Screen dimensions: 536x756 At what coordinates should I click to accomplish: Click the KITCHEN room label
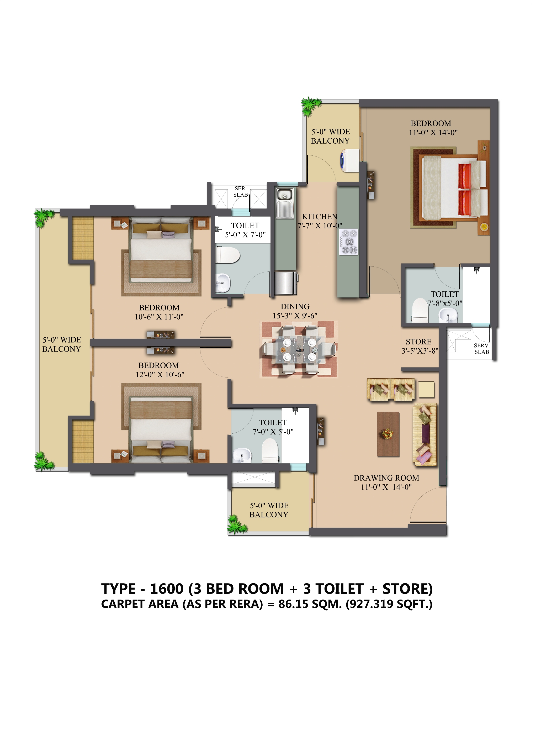coord(320,217)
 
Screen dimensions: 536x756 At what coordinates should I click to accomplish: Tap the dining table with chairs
coord(299,350)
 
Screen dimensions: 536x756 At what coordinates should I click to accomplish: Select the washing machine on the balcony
coord(349,161)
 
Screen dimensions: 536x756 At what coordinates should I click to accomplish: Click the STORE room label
coord(418,342)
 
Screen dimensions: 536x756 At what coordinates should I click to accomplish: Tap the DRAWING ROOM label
coord(386,478)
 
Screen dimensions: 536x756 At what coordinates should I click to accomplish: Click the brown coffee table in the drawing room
coord(388,434)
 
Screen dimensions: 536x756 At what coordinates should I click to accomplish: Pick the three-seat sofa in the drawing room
coord(425,434)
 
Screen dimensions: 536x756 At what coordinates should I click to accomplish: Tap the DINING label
coord(295,306)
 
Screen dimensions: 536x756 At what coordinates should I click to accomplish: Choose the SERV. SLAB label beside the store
coord(481,349)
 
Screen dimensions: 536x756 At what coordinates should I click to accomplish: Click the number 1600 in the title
coord(167,589)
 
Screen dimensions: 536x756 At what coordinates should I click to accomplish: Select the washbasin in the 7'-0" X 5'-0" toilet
coord(242,456)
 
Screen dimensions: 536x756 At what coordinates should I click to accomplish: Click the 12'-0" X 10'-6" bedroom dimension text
coord(160,374)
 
